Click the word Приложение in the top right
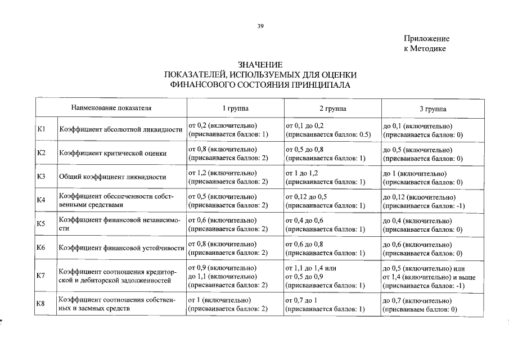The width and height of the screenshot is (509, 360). pos(426,39)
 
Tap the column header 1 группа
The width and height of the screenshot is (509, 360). pos(235,109)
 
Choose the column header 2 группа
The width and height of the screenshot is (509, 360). pos(332,109)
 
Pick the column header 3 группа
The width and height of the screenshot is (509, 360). pos(433,109)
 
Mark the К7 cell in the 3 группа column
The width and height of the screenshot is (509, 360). pos(429,277)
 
